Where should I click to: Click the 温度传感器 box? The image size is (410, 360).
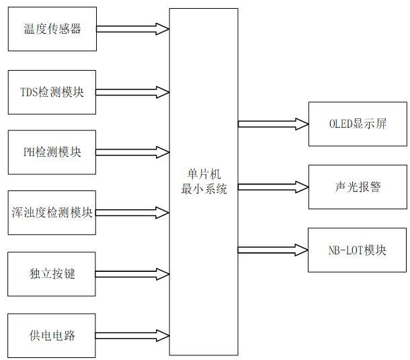coord(52,29)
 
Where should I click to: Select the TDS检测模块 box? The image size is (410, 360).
coord(52,92)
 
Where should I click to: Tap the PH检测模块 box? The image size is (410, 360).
coord(52,152)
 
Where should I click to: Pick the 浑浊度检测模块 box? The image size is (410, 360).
coord(52,213)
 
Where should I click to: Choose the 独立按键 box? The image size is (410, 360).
coord(52,274)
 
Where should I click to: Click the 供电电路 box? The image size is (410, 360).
coord(52,335)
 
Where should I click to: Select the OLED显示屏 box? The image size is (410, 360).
coord(358,124)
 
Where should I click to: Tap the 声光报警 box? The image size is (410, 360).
coord(358,186)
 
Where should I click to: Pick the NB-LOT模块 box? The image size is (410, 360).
coord(358,250)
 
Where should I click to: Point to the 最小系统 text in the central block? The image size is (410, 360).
coord(204,189)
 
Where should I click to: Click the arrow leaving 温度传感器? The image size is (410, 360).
coord(132,29)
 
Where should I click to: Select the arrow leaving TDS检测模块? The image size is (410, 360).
coord(132,92)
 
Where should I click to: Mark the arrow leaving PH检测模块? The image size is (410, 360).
coord(132,152)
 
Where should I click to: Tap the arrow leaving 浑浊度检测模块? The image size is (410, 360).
coord(132,213)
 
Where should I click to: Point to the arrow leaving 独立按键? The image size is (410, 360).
coord(132,274)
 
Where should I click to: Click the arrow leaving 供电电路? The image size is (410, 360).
coord(132,335)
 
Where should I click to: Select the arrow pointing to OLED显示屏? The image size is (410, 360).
coord(273,124)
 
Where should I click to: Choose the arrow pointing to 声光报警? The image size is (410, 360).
coord(273,186)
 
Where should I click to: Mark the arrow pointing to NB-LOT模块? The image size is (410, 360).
coord(273,250)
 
